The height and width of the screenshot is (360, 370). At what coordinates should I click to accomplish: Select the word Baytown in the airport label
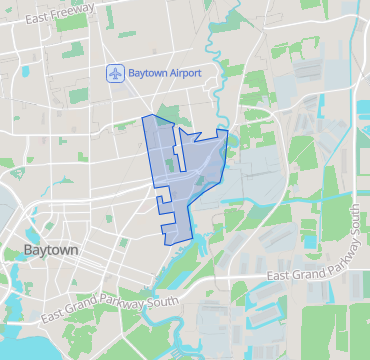(x=144, y=73)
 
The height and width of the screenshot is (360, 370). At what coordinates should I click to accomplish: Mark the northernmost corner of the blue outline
(x=148, y=116)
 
